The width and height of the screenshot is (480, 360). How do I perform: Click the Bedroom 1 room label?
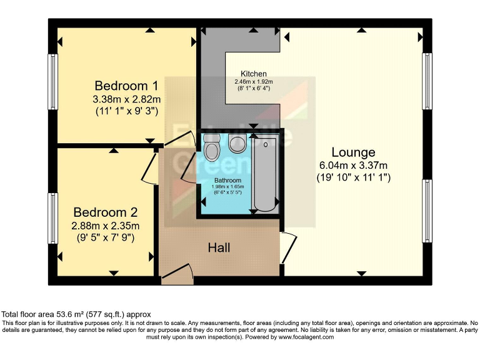point(126,86)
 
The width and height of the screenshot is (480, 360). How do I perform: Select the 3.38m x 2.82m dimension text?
point(126,99)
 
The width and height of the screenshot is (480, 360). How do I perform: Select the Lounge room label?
point(353,152)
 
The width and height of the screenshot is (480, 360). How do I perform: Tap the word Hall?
point(219,247)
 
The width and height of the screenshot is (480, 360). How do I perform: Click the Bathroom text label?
point(227,180)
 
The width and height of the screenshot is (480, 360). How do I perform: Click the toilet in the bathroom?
point(212,147)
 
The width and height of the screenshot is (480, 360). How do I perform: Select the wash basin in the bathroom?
point(237,144)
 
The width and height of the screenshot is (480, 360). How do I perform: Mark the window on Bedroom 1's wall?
point(53,82)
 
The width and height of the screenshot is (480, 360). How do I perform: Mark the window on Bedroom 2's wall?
point(53,219)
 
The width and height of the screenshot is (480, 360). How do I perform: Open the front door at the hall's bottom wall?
point(177,275)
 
